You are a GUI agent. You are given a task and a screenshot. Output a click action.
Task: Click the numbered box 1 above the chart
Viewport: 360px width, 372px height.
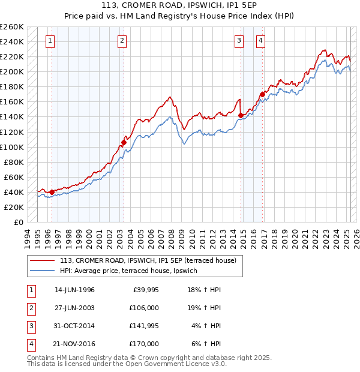(x=49, y=41)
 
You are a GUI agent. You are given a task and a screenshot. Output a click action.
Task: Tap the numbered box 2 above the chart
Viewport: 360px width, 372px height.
(x=122, y=41)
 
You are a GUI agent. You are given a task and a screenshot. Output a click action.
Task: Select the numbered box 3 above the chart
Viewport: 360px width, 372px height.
(x=239, y=41)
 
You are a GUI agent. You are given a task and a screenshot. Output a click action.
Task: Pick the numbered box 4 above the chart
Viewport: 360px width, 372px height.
(x=261, y=41)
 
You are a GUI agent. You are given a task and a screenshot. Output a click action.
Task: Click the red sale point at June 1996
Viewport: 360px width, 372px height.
(x=52, y=192)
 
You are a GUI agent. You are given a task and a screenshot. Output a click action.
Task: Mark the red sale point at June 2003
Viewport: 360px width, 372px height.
(x=124, y=142)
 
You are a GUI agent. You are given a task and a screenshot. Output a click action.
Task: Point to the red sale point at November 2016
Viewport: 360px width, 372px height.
(x=262, y=94)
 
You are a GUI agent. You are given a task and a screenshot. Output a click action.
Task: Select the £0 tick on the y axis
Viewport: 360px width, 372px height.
(x=19, y=222)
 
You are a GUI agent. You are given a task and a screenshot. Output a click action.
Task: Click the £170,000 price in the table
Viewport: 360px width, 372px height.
(x=144, y=344)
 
